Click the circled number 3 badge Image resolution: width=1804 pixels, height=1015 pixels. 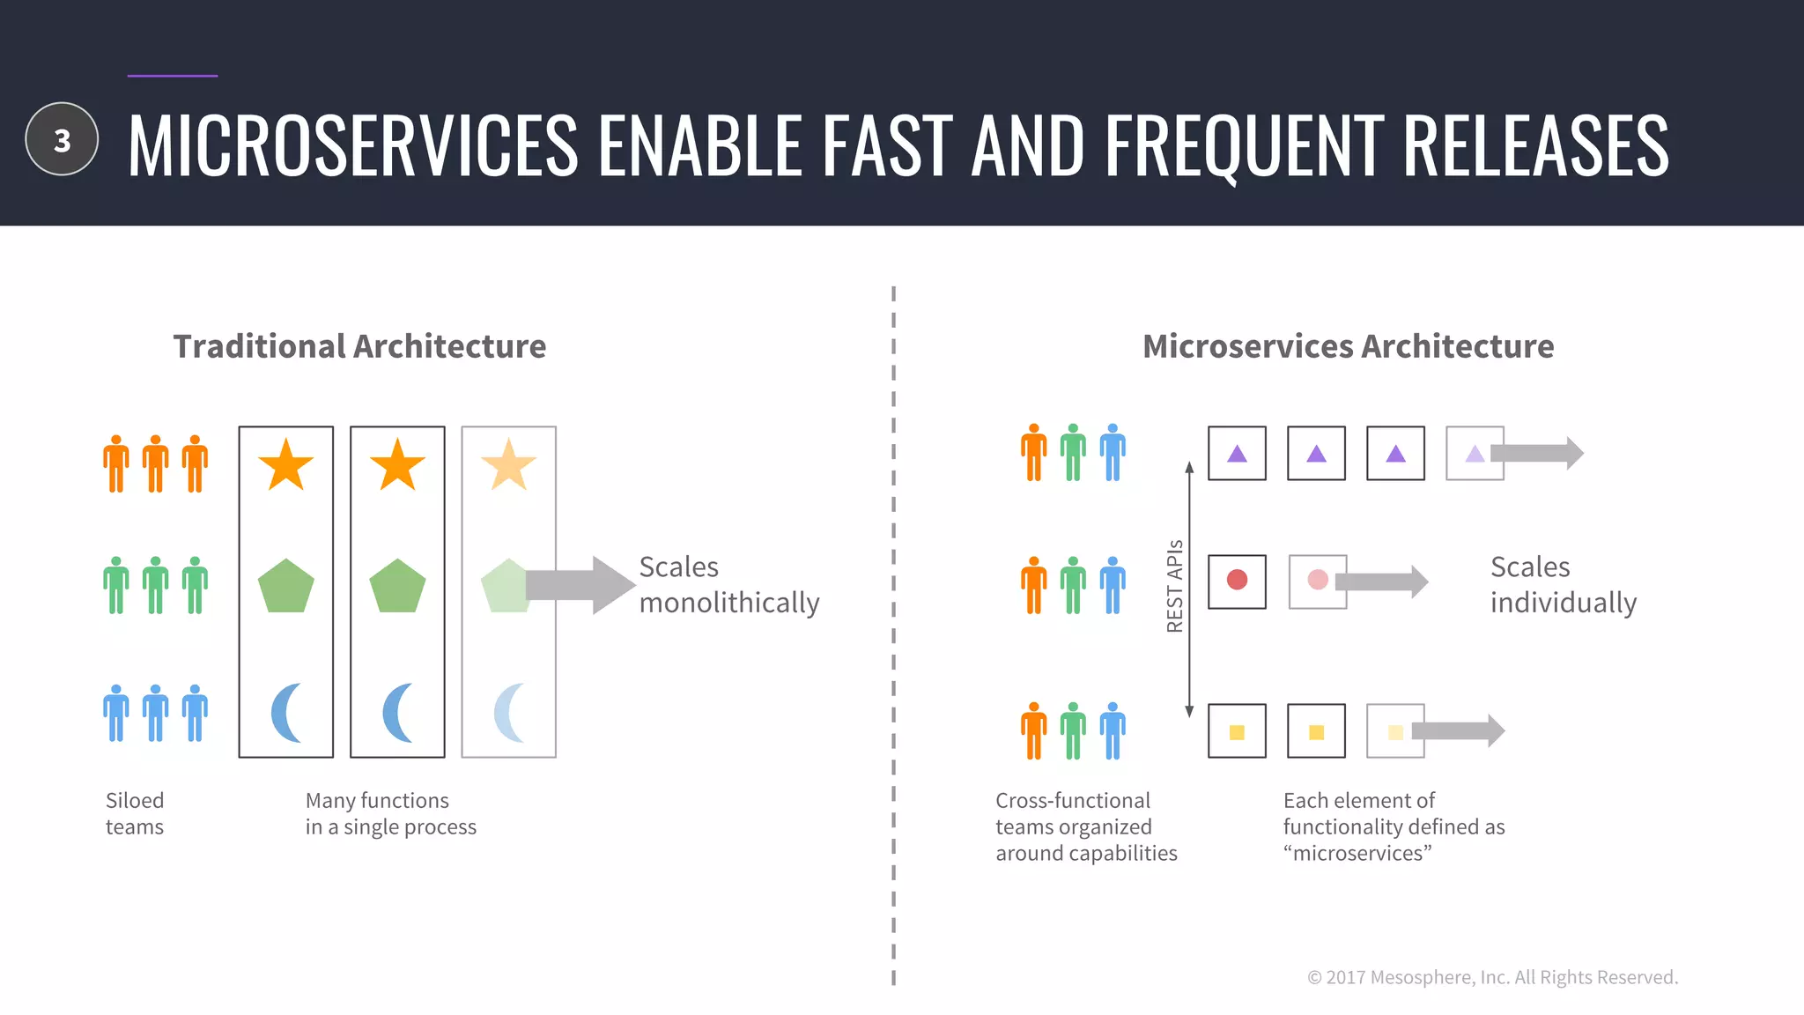point(62,139)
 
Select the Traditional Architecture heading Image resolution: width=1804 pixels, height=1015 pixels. point(359,346)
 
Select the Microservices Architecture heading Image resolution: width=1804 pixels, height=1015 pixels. point(1348,346)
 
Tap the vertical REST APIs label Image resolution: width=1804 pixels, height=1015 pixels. point(1174,586)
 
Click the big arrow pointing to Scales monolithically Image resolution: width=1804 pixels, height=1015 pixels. point(581,585)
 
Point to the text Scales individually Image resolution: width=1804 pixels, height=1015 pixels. point(1563,584)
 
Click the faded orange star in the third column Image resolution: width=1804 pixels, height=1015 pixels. point(508,465)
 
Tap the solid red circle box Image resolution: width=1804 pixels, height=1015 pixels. point(1237,581)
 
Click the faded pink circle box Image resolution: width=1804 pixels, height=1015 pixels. point(1317,581)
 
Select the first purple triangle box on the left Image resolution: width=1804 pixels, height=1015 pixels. point(1237,454)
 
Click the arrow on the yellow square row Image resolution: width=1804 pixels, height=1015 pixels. point(1459,730)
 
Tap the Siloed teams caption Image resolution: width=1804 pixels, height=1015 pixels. point(135,813)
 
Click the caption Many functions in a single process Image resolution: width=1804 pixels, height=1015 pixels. point(390,813)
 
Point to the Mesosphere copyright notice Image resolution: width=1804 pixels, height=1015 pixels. point(1492,977)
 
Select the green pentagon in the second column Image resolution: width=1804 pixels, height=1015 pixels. point(397,586)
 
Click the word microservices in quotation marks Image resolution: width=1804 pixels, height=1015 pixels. point(1357,853)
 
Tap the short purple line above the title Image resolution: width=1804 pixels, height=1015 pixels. point(173,76)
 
